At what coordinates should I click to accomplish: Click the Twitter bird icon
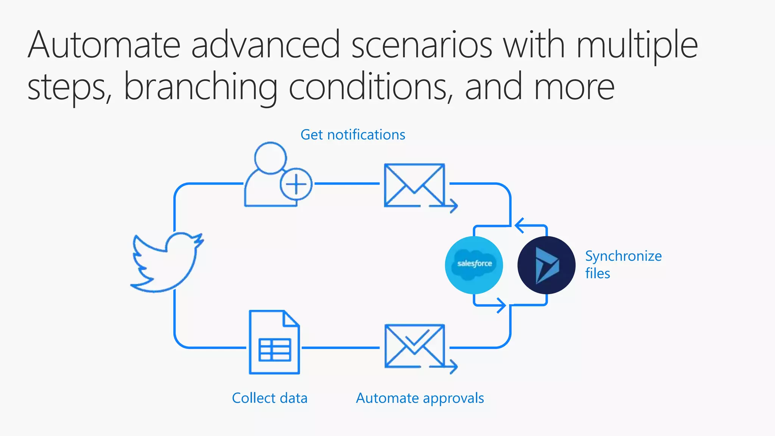167,263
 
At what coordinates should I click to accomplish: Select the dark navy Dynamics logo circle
546,265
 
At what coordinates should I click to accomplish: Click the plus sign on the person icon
296,184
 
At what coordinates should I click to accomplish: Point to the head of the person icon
270,158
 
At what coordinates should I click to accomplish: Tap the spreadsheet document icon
274,342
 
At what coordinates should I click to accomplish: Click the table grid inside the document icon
275,350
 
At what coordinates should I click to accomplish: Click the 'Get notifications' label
353,135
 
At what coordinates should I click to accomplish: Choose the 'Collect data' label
269,398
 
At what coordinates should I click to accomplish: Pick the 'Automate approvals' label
420,398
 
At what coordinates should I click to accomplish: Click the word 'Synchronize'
623,256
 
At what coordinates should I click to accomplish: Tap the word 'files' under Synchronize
598,273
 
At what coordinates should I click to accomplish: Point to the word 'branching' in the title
201,87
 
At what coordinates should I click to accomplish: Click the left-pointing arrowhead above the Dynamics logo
519,226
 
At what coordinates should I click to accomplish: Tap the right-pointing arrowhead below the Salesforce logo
502,305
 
